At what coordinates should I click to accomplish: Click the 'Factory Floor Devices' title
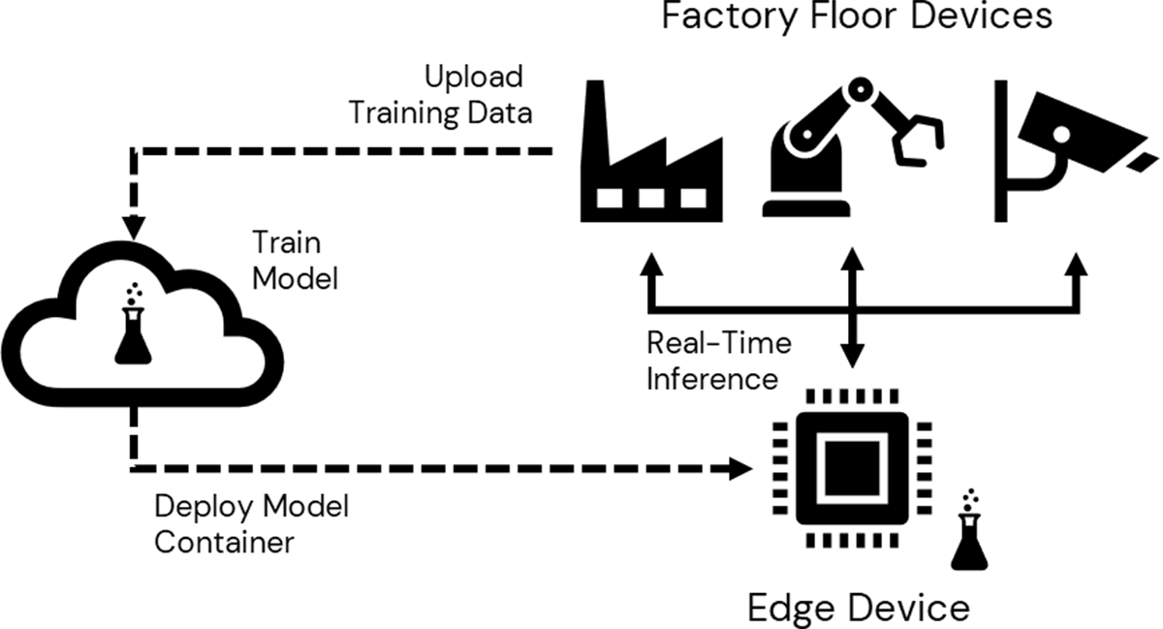(857, 17)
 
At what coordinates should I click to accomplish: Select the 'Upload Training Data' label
(441, 94)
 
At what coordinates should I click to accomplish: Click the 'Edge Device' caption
(858, 607)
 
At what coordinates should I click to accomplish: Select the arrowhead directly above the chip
(851, 359)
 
